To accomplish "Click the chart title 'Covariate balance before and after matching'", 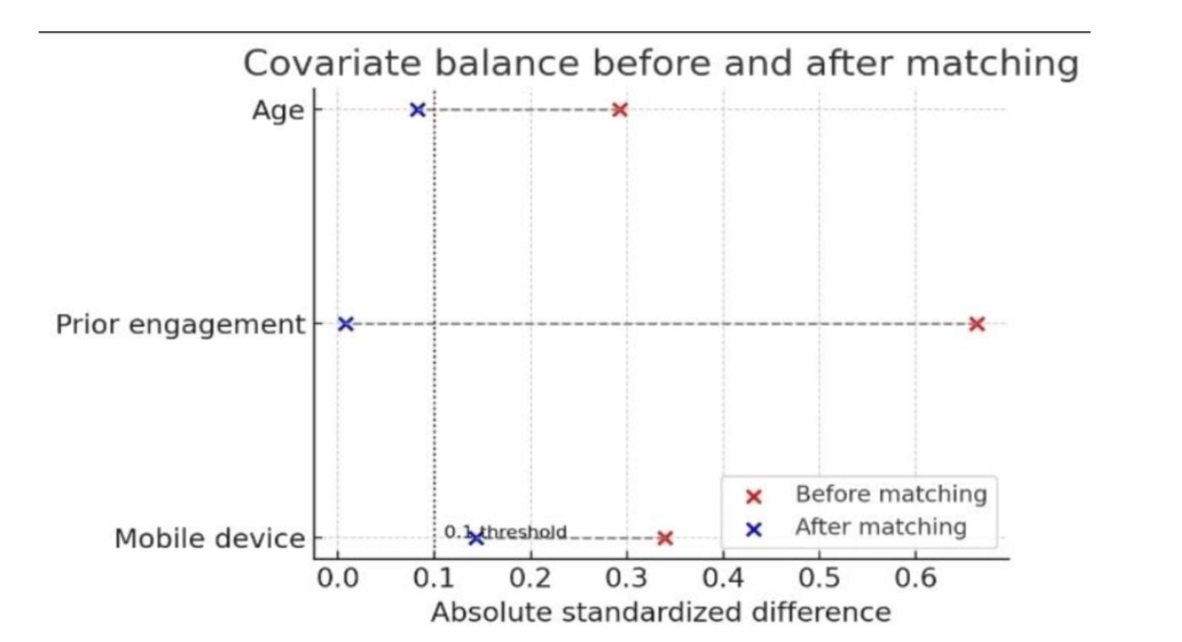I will point(660,64).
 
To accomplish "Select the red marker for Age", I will point(620,110).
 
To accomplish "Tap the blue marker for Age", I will point(417,110).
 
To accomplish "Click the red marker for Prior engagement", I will point(977,324).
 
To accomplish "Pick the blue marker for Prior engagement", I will point(345,324).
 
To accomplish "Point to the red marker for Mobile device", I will point(664,538).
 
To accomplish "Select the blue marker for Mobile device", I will point(475,538).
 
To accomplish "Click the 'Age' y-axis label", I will point(278,111).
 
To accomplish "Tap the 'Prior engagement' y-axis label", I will point(180,325).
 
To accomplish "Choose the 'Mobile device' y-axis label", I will point(209,539).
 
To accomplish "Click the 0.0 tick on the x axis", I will point(338,579).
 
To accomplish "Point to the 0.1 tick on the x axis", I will point(434,579).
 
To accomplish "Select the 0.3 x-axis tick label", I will point(626,579).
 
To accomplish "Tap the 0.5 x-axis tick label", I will point(819,579).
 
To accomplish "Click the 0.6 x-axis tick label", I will point(915,579).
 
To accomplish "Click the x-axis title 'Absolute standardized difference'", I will point(660,612).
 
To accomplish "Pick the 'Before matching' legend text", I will point(891,494).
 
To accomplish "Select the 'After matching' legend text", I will point(881,527).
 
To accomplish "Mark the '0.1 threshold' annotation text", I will point(506,532).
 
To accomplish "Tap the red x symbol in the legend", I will point(754,496).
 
